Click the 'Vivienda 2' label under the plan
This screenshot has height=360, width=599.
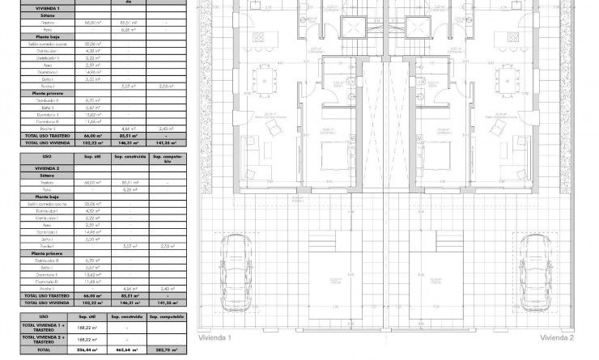[x=557, y=337]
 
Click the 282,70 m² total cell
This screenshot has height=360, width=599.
[x=168, y=350]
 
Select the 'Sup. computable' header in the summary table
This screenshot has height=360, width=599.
[x=168, y=316]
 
